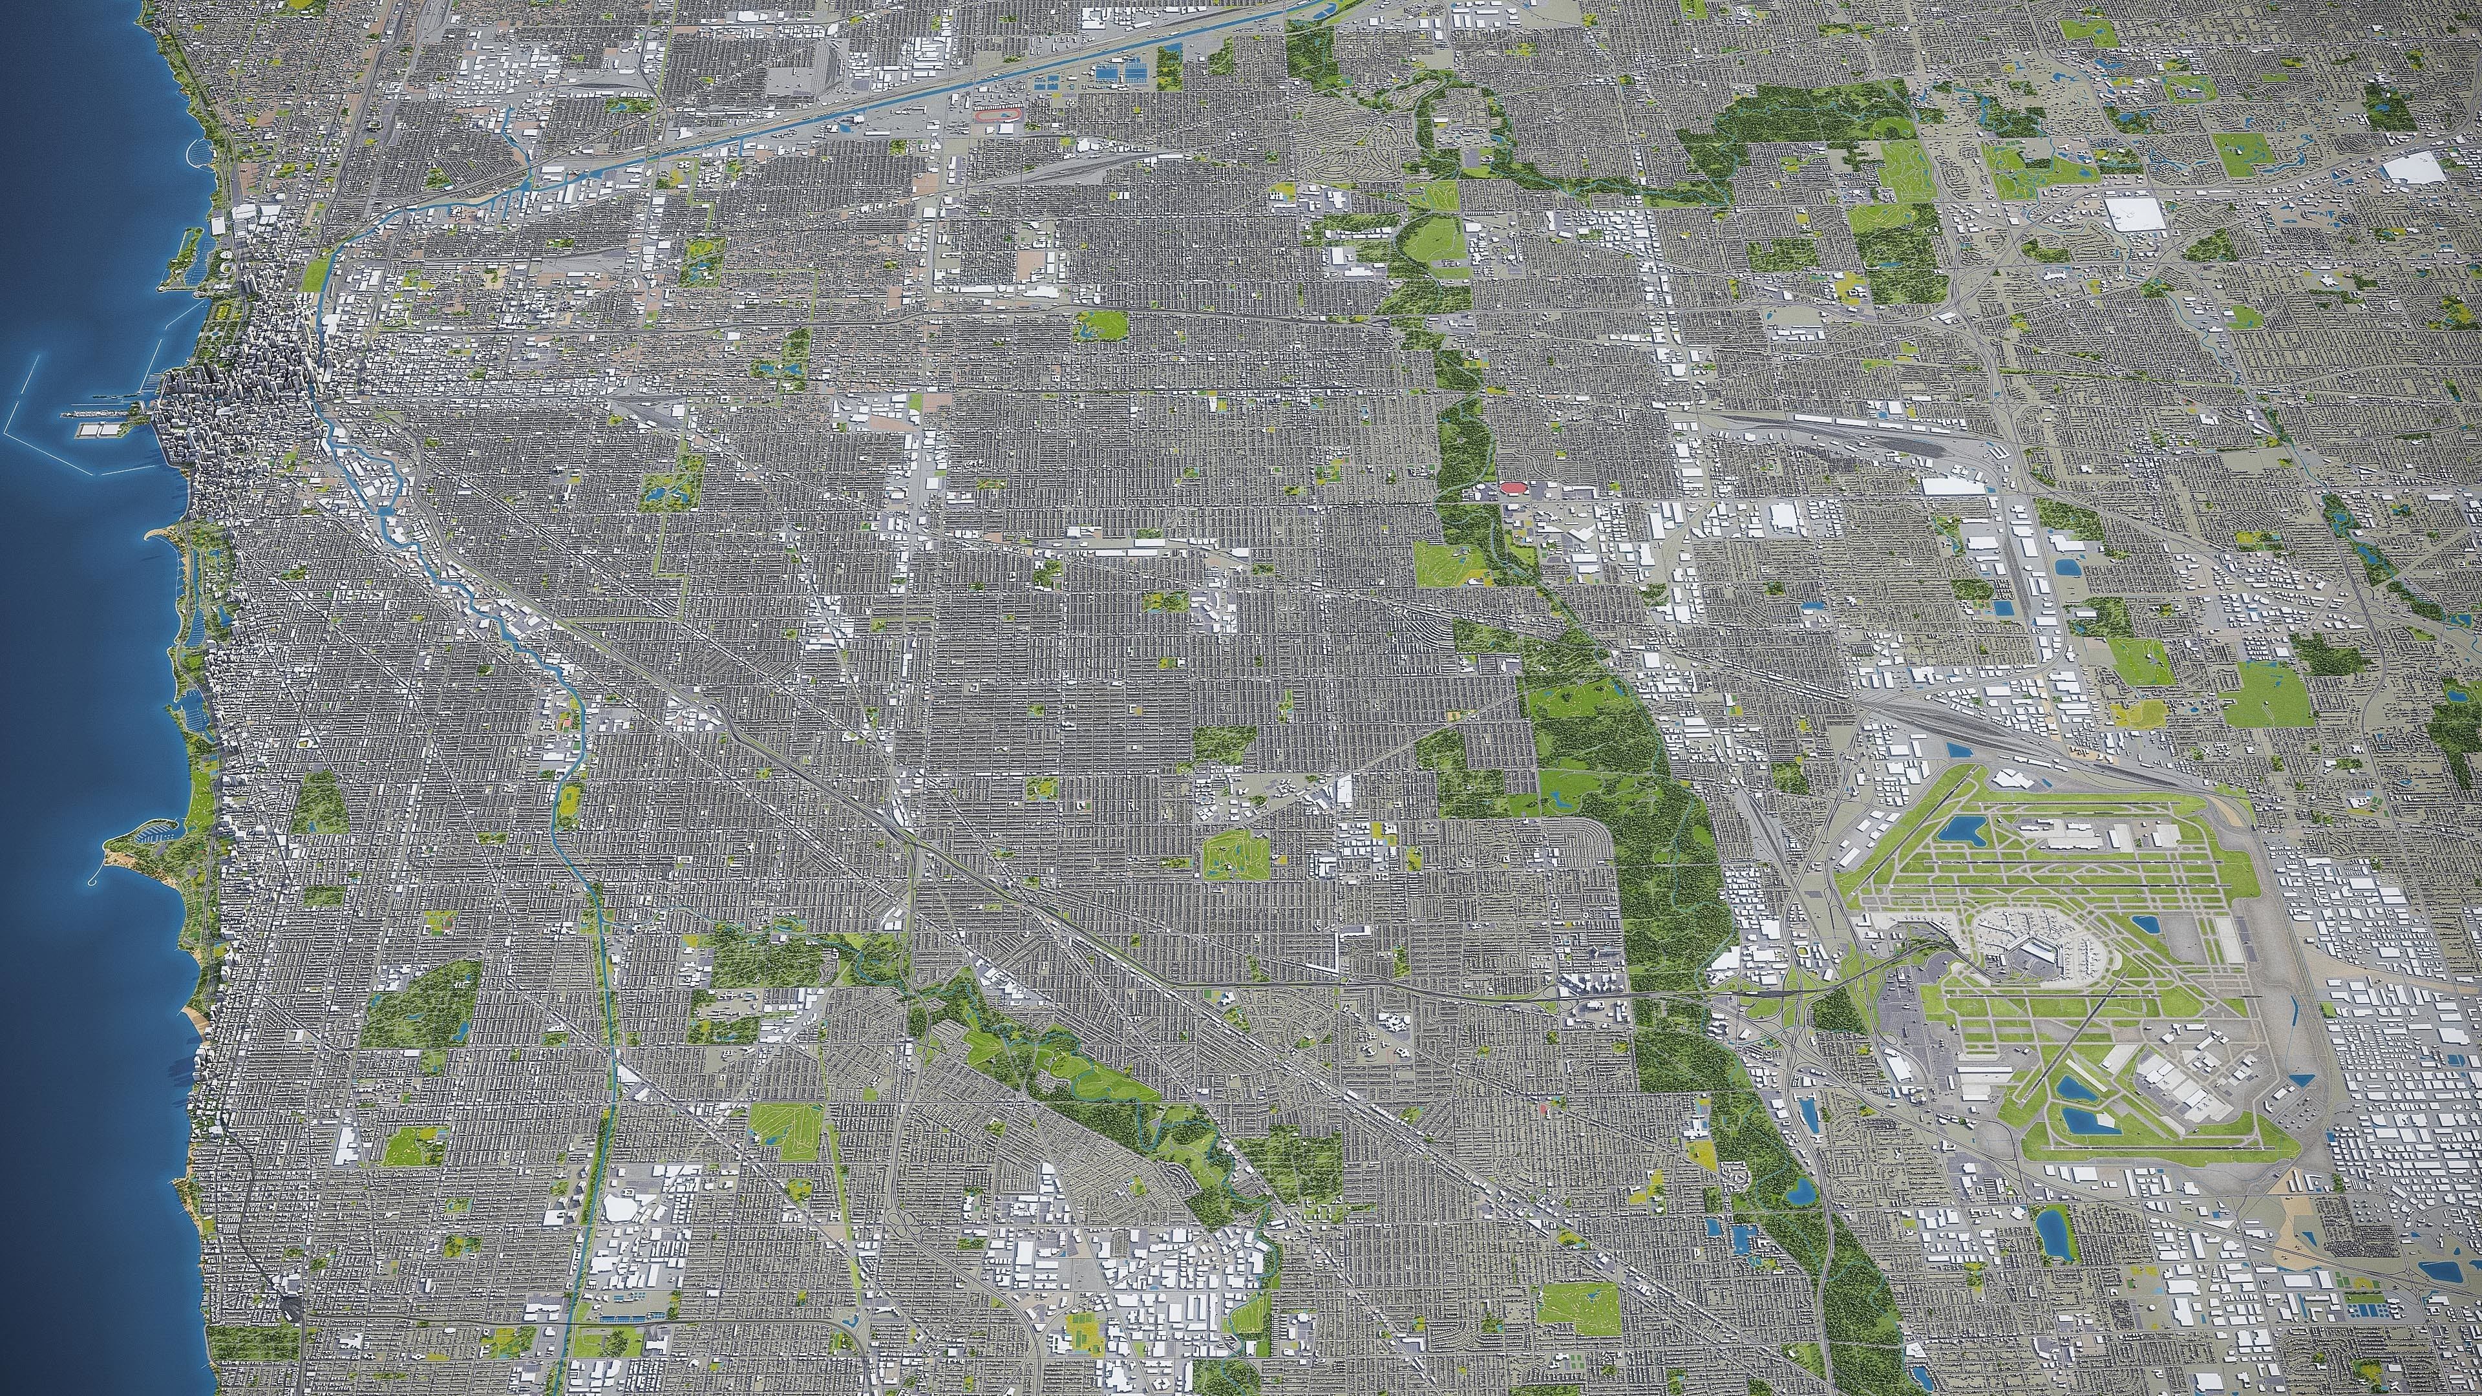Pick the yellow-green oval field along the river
569,797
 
